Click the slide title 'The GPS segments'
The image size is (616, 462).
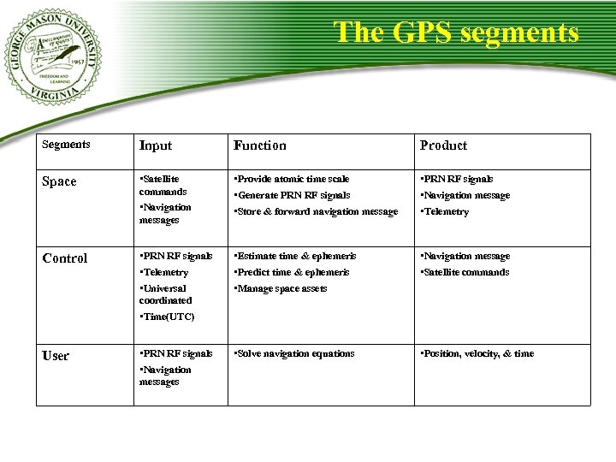pos(456,33)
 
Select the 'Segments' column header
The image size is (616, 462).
pos(66,145)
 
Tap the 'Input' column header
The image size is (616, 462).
pos(156,145)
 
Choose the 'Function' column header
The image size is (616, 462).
pos(260,145)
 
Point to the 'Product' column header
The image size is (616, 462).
pos(443,145)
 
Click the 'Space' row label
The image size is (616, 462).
pos(59,181)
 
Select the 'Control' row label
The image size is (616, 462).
pos(65,258)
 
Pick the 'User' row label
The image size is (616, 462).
pos(56,356)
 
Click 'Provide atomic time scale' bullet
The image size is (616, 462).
pos(292,179)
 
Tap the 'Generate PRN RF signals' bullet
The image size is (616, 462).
pos(292,195)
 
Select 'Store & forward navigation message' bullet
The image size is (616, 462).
pos(316,211)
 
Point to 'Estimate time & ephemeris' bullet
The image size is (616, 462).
pos(295,256)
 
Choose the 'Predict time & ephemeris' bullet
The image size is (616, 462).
pos(292,272)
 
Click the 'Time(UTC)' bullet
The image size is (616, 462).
pos(168,317)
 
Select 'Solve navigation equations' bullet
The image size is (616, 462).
pos(294,353)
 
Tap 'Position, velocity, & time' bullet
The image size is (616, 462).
pos(477,353)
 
